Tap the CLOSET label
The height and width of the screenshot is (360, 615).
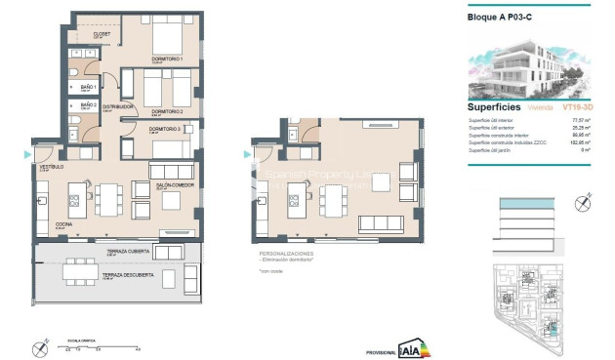[x=102, y=34]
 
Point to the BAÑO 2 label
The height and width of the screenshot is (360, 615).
[x=89, y=103]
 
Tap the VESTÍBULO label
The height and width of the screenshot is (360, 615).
[x=50, y=168]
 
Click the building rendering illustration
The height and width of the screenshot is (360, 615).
[x=527, y=64]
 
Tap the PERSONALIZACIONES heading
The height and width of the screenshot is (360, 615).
[x=282, y=253]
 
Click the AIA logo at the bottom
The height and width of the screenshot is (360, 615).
[x=413, y=346]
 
